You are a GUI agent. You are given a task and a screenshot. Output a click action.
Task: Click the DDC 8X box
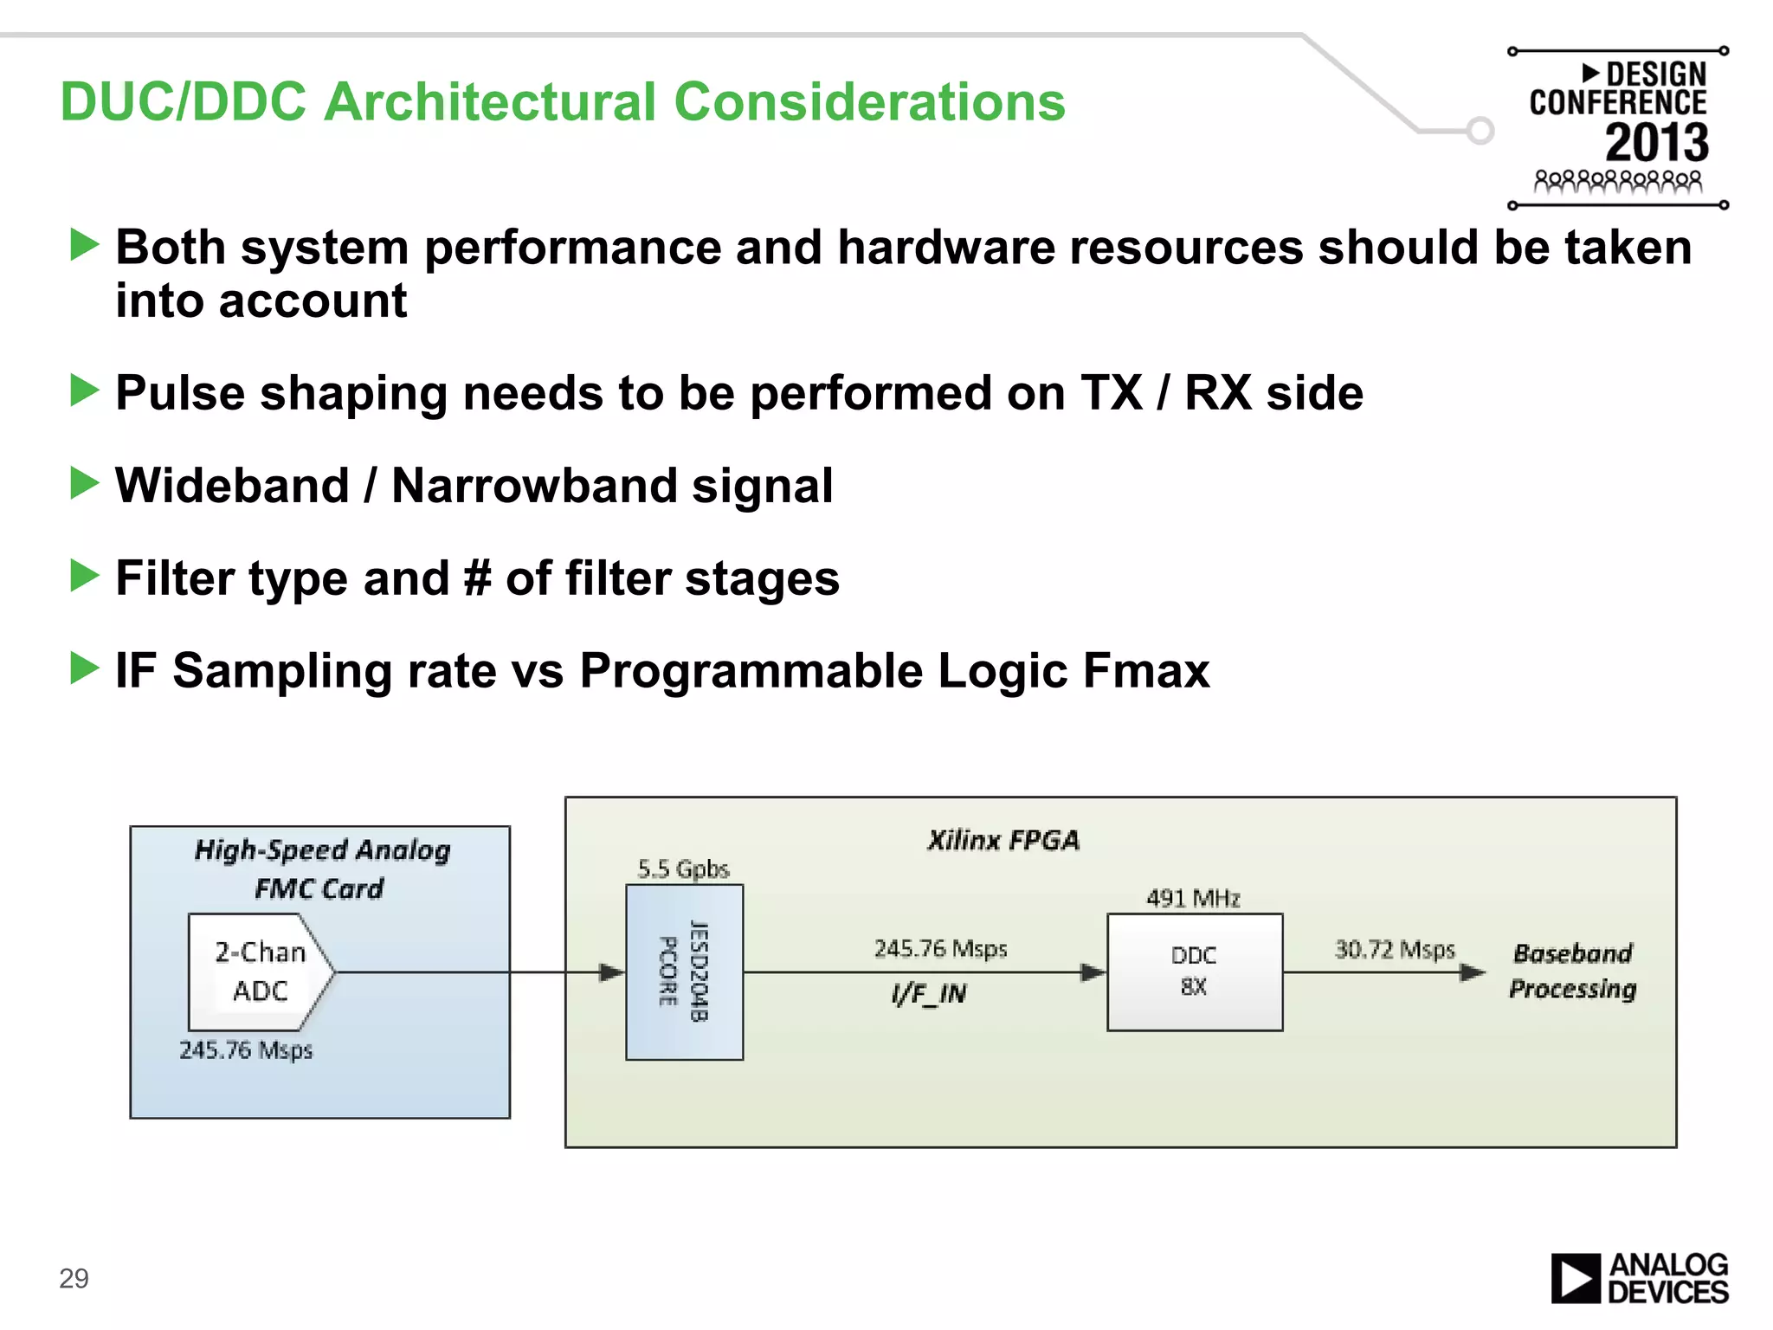(1195, 972)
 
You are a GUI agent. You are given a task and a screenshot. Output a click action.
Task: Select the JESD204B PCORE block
(684, 972)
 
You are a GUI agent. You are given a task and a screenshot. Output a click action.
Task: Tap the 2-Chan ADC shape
(258, 972)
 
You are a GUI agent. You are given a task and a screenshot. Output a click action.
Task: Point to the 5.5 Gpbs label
(683, 868)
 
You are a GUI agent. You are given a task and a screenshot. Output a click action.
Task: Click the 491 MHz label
(1193, 898)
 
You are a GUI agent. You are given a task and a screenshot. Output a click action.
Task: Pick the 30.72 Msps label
(1395, 950)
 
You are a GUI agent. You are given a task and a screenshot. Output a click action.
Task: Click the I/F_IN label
(929, 993)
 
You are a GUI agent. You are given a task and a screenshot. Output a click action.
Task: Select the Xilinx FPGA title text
(1003, 840)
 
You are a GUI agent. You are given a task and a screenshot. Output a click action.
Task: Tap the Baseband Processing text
(1572, 971)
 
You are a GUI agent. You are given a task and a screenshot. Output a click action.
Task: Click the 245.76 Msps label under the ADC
(246, 1050)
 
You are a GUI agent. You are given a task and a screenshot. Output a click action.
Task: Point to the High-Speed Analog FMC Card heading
(321, 868)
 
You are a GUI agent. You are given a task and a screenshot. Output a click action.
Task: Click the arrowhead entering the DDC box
(1093, 972)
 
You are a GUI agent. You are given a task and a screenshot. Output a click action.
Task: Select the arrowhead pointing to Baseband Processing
(1472, 972)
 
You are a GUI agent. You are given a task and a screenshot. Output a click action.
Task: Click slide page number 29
(74, 1278)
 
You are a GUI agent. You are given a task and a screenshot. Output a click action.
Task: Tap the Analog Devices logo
(1639, 1278)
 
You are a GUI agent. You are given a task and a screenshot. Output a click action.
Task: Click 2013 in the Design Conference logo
(1656, 143)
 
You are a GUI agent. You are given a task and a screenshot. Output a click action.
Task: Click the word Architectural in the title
(490, 102)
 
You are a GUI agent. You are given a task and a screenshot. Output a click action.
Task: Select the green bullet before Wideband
(84, 483)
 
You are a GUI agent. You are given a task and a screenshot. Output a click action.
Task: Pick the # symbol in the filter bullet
(477, 578)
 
